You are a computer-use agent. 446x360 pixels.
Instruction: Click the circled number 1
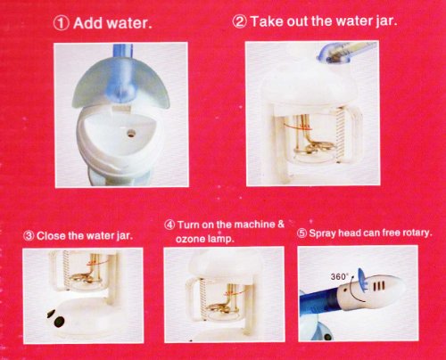62,23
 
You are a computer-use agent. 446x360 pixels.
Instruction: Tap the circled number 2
240,21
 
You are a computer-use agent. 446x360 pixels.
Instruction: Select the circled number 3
29,236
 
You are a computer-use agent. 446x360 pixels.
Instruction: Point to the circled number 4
169,225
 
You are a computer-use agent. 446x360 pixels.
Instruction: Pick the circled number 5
301,233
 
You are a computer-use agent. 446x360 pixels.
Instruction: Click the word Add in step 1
88,23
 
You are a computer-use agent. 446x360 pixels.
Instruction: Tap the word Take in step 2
266,21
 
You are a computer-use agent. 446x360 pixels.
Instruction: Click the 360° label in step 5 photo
339,276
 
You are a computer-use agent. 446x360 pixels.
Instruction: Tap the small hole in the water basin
130,133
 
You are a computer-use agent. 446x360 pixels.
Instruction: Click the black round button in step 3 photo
60,321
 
